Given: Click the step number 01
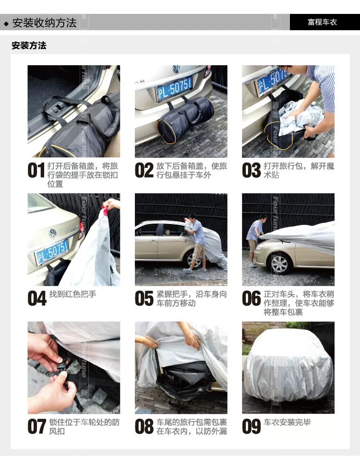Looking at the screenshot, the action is point(36,170).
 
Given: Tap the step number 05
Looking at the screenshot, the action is point(144,299).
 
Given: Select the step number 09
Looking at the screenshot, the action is point(252,427).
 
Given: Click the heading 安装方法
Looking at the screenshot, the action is point(29,46).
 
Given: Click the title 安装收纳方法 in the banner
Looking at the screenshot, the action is point(44,23).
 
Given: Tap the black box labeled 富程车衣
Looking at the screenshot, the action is point(325,22).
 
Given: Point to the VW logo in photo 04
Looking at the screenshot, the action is point(53,234).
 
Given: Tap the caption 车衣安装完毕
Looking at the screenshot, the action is point(287,423).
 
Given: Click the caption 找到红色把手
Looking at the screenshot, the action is point(73,294).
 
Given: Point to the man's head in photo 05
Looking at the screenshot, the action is point(192,218).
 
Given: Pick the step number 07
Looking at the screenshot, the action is point(36,427).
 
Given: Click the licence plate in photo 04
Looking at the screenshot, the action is point(52,253).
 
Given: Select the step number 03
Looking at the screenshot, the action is point(252,170).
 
